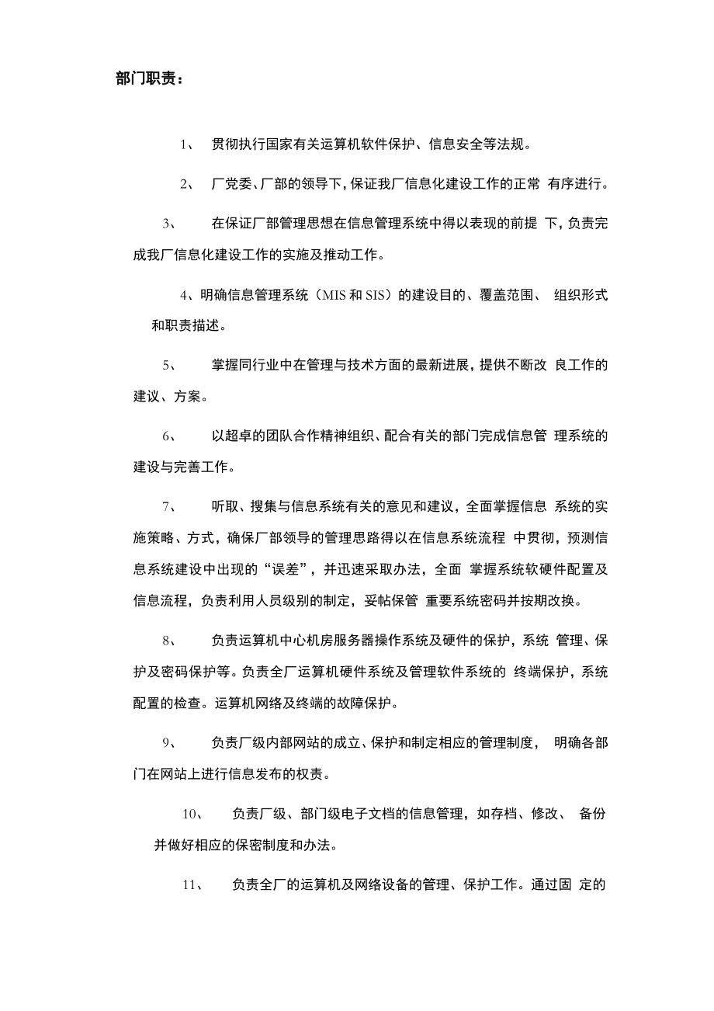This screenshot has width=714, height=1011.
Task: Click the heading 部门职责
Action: tap(149, 80)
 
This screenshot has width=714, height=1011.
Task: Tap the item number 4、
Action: tap(186, 294)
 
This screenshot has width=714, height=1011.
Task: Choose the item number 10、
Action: tap(192, 814)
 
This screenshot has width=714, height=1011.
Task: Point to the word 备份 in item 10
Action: tap(593, 814)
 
